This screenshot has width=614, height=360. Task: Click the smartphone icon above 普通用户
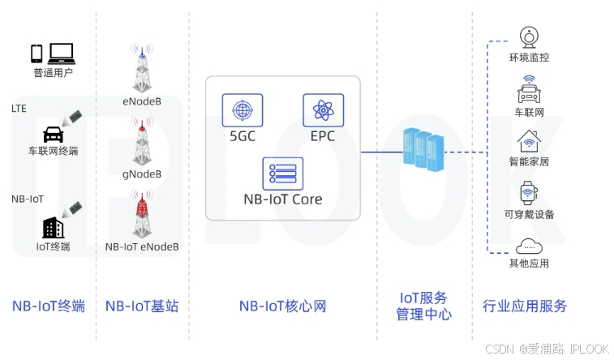tap(36, 54)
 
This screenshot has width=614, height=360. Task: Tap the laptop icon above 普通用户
tap(62, 54)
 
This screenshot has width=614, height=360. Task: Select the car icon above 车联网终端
tap(53, 133)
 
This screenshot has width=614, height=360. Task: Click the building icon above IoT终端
tap(54, 227)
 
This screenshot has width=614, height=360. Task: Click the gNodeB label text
tap(142, 174)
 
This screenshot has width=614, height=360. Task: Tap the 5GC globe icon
tap(242, 109)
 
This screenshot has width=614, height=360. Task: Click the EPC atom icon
tap(322, 109)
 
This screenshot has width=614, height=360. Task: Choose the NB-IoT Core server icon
tap(282, 173)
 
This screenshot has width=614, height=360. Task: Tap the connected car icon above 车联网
tap(529, 89)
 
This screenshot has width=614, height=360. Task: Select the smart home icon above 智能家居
tap(529, 141)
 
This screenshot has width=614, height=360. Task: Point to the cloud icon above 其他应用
tap(529, 246)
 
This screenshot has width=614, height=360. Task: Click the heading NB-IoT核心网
tap(282, 306)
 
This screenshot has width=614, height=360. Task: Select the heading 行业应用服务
tap(525, 306)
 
